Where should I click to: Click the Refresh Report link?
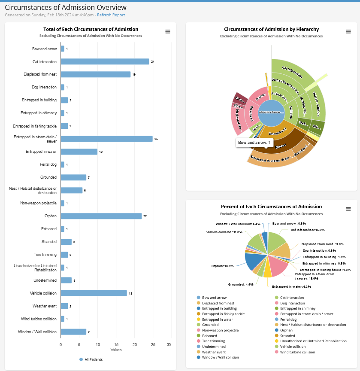(111, 15)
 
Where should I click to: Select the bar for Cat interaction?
(105, 61)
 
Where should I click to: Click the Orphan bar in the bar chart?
(101, 216)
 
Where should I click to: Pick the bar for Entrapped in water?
(79, 152)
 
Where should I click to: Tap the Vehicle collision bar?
(94, 293)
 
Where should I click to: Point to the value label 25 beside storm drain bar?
(156, 139)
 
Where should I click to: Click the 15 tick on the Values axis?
(116, 344)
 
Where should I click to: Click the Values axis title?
(116, 350)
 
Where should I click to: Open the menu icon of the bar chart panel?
(168, 31)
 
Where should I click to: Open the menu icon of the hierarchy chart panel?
(348, 31)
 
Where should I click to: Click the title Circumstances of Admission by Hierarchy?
(271, 29)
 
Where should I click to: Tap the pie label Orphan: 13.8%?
(222, 266)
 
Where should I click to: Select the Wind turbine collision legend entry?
(297, 352)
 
